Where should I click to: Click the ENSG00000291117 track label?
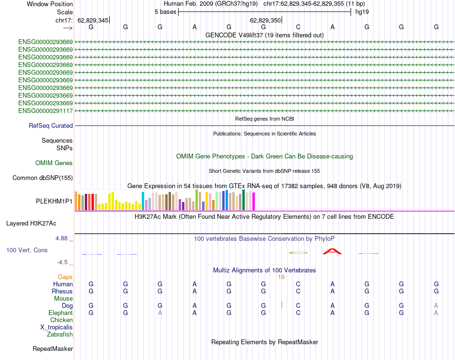45,111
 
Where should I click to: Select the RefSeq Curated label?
51,126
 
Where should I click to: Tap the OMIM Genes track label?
54,163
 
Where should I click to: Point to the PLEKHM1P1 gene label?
55,202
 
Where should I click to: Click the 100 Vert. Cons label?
27,250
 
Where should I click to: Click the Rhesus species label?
62,291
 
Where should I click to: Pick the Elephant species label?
61,313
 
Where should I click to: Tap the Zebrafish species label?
60,334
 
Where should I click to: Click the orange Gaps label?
66,277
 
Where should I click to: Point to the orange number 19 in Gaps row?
281,277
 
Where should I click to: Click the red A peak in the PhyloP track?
332,251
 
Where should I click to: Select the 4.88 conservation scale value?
63,238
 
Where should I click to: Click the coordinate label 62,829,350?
265,21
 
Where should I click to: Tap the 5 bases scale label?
165,11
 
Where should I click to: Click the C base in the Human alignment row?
298,284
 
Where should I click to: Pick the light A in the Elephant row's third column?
160,313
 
